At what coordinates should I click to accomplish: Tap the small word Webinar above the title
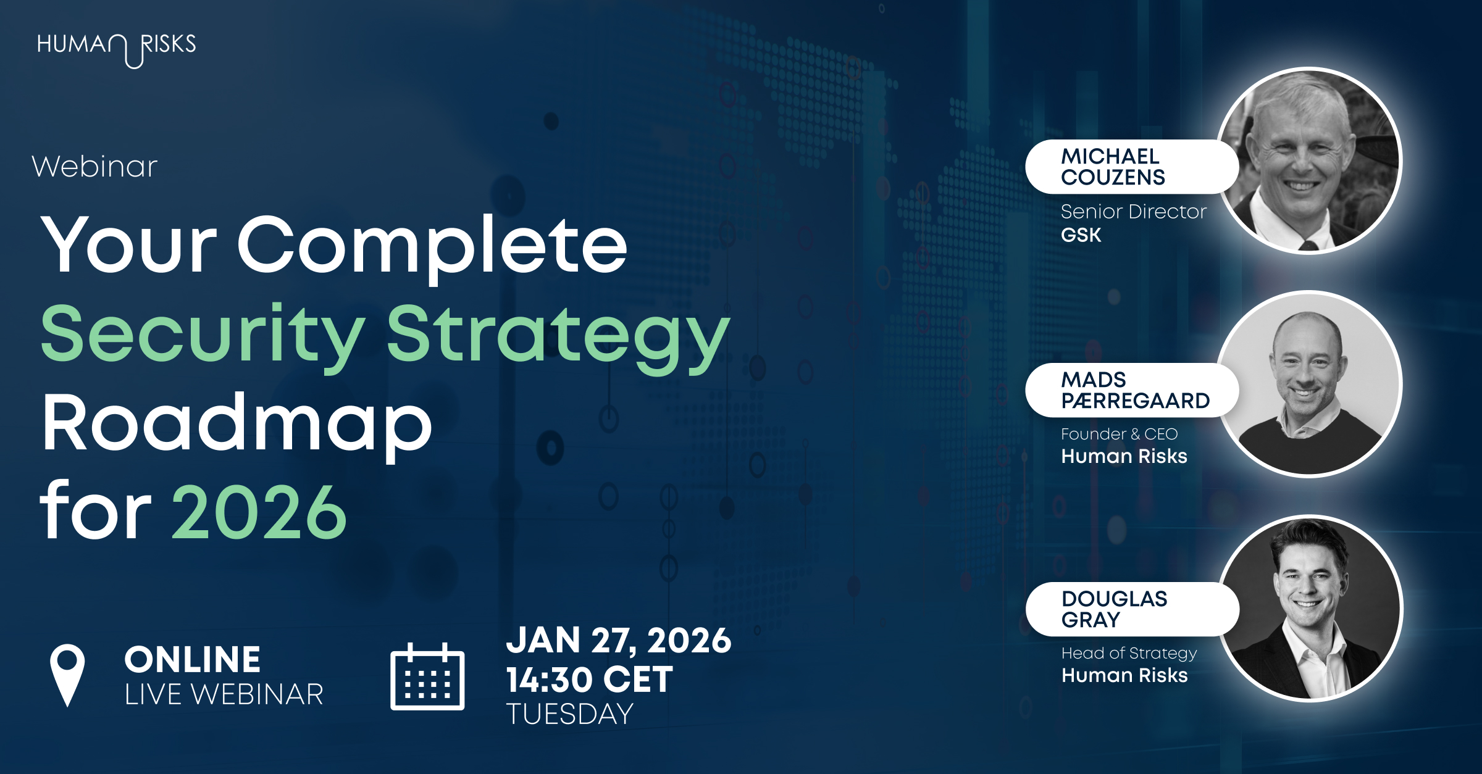point(94,167)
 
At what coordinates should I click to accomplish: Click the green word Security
point(203,337)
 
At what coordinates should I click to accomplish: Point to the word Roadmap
point(237,425)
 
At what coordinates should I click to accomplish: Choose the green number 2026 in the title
point(259,512)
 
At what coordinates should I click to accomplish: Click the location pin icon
point(67,675)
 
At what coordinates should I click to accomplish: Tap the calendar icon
point(427,676)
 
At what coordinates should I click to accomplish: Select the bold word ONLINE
point(193,659)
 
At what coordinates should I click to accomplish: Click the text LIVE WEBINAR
point(224,694)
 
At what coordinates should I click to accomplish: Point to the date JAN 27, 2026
point(619,641)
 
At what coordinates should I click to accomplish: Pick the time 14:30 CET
point(590,680)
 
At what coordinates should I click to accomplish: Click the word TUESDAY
point(570,714)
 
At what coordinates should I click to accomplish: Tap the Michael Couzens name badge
point(1131,167)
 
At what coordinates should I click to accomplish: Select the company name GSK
point(1081,235)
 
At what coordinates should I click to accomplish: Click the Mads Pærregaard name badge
point(1131,390)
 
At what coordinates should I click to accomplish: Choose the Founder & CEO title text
point(1120,434)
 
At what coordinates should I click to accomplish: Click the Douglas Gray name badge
point(1131,609)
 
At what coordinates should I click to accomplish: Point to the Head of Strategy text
point(1129,653)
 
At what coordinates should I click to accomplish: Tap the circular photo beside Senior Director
point(1309,161)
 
